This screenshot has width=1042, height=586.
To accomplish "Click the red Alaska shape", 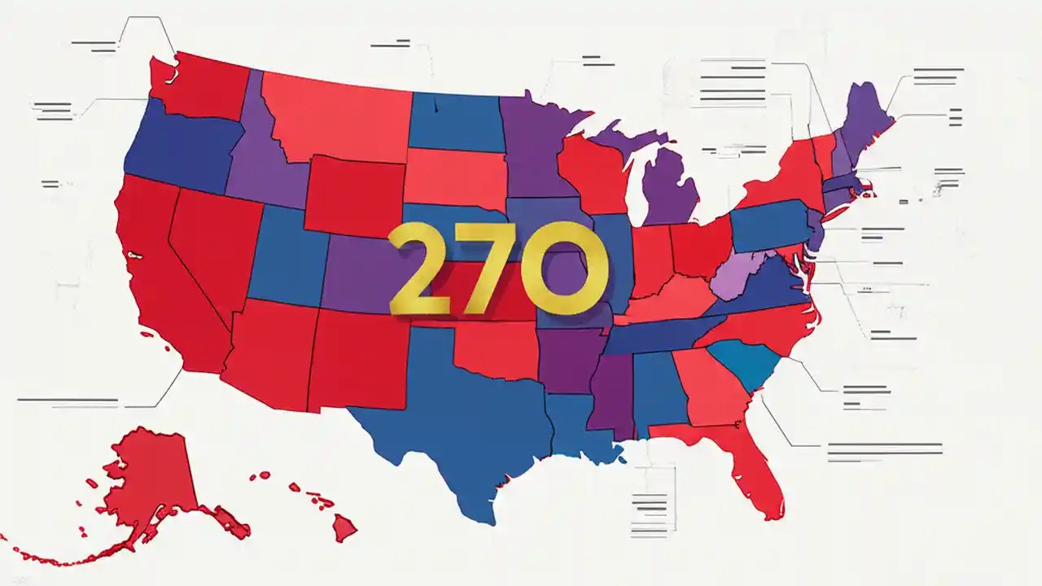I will (x=155, y=480).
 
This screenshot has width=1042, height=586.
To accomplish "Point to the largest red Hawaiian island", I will (x=344, y=529).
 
